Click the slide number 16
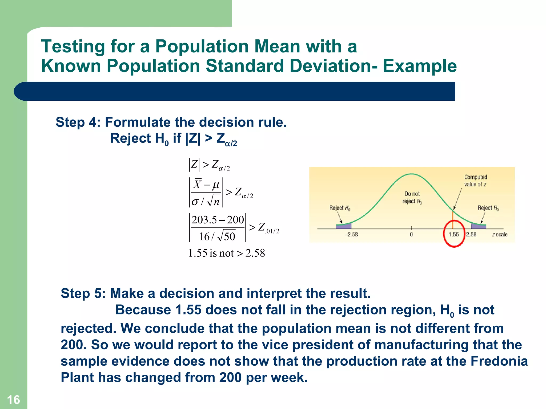13,400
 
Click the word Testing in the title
73,47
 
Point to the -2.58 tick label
351,235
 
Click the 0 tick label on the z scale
411,235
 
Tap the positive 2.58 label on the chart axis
471,235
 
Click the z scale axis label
500,235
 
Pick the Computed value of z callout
475,181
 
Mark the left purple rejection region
344,226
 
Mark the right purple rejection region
479,226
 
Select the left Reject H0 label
340,208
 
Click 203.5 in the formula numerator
204,220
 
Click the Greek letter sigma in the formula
195,202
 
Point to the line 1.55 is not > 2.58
227,253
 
